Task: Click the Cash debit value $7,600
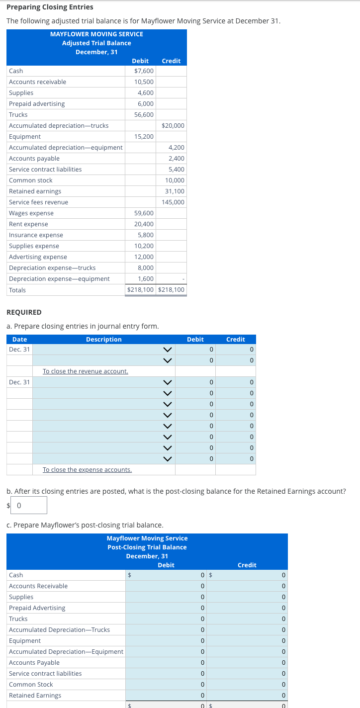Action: pos(144,71)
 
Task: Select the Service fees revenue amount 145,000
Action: pos(173,202)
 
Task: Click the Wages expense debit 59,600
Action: pos(144,213)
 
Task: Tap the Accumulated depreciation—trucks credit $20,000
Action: pos(173,126)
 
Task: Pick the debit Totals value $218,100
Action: pos(141,290)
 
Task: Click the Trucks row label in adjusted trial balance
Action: pos(18,115)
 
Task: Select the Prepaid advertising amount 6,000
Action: pos(146,104)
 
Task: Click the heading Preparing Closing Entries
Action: pos(50,7)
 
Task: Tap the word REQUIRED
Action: pos(24,312)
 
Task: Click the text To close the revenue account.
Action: pos(86,371)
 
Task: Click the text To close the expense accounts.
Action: pos(87,470)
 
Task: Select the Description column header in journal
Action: pos(103,340)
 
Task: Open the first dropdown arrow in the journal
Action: pos(168,350)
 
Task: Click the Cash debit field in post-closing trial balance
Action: pos(166,575)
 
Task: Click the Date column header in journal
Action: pos(20,340)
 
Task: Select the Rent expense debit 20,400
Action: pos(144,224)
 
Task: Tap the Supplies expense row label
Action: pos(34,246)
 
